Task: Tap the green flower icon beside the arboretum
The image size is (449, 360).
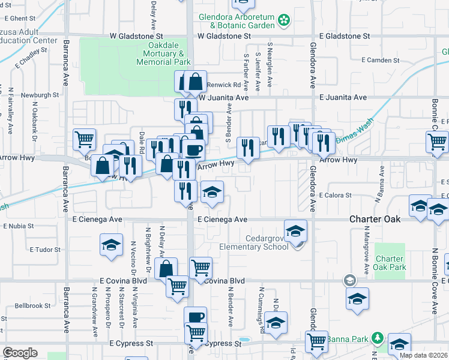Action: (x=285, y=22)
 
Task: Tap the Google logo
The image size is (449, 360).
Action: (x=20, y=353)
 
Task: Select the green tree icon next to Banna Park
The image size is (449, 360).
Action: (x=376, y=338)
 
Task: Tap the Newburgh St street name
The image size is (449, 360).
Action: (x=40, y=95)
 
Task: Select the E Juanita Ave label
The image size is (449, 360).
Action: (x=343, y=97)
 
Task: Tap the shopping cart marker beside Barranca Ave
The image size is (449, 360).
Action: (x=85, y=139)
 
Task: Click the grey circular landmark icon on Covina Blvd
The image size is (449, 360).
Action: (x=349, y=280)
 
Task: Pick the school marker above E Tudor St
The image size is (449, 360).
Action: (x=110, y=245)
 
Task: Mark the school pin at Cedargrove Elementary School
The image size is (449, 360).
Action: (x=295, y=231)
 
